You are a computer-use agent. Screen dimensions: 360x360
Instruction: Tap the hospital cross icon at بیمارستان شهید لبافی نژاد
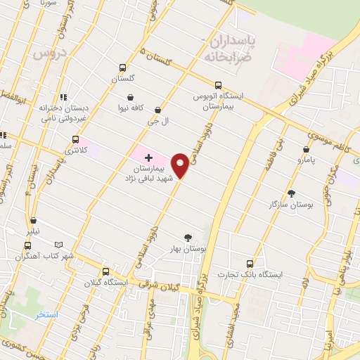148,157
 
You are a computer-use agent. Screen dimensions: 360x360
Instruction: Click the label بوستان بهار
188,249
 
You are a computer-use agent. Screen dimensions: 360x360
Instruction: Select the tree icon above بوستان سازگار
292,193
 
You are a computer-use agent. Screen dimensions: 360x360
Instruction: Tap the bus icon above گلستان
123,68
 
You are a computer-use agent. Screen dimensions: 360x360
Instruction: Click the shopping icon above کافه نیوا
131,97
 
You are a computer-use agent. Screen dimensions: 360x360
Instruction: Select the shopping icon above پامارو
306,149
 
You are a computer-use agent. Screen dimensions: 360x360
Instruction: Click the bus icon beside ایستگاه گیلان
105,271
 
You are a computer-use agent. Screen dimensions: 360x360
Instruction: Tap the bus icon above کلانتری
75,139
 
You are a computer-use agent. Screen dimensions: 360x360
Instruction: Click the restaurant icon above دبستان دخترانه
63,98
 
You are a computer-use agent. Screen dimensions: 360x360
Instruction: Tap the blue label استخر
47,314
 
